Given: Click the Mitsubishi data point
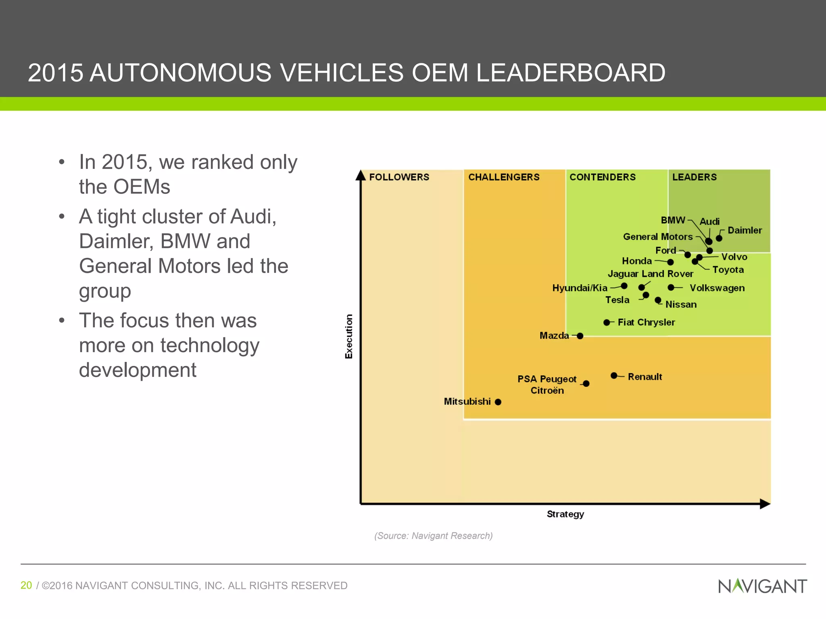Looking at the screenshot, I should [x=498, y=402].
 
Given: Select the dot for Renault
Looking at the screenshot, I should [x=614, y=376].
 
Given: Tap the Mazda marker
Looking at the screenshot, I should [x=580, y=336].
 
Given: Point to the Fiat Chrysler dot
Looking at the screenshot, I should [x=607, y=322].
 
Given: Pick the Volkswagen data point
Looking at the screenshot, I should [x=670, y=287].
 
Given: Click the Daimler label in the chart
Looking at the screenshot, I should [x=745, y=231].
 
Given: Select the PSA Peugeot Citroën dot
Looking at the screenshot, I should [x=586, y=384].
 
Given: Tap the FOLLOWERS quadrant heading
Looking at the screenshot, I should [x=399, y=177].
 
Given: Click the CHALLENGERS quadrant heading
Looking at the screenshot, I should [x=504, y=177].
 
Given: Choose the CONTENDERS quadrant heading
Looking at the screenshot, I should [x=603, y=177].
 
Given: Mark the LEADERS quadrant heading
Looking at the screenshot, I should [x=695, y=177].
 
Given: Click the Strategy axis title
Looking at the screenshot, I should [x=565, y=514].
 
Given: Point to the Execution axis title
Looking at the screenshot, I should [x=349, y=336].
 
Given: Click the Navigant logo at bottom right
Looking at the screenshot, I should [x=762, y=586].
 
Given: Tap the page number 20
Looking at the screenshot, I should [x=26, y=585].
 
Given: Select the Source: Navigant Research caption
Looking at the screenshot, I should [x=434, y=536].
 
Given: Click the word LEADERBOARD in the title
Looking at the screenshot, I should [x=570, y=73].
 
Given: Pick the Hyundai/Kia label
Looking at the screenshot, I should [x=580, y=288].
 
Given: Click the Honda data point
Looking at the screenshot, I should [x=670, y=262].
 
